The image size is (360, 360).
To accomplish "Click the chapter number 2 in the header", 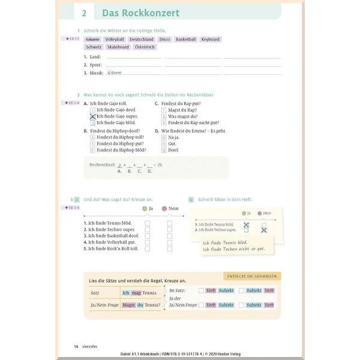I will click(84, 12).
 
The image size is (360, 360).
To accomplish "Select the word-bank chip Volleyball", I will click(114, 39).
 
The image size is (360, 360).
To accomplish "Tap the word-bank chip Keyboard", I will click(210, 39).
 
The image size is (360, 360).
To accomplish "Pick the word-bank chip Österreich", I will click(145, 47).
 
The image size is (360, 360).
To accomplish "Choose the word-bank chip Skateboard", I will click(118, 47).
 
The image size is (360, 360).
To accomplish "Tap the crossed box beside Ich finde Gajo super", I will click(92, 116).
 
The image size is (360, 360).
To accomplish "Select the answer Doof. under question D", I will click(173, 150).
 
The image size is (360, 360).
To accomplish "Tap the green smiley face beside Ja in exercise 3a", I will click(144, 208).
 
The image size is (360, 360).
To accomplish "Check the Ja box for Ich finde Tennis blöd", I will click(147, 223).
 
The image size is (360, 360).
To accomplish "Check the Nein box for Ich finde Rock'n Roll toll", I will click(169, 248).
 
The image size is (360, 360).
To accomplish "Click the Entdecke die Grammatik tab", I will click(251, 276).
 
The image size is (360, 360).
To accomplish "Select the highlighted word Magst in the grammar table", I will click(128, 305).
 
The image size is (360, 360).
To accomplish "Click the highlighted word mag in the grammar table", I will click(136, 293).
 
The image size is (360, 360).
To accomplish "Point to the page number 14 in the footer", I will click(76, 346).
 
